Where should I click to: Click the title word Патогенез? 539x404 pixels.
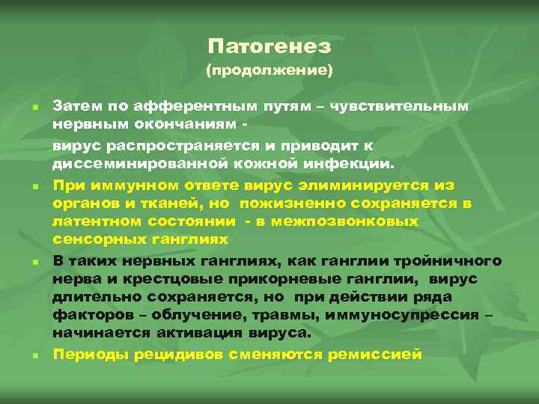click(x=269, y=46)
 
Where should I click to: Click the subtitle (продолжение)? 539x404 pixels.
click(x=269, y=72)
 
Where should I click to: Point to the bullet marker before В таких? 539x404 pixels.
click(x=34, y=263)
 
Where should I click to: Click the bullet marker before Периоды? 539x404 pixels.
click(x=34, y=355)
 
